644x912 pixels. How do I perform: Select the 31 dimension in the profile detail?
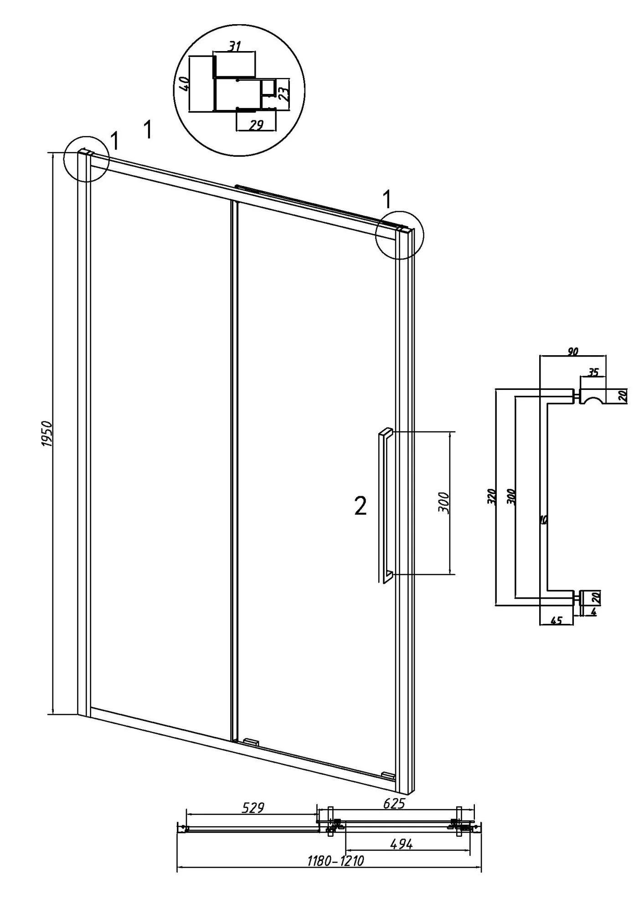point(234,46)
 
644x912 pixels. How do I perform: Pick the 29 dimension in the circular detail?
point(257,125)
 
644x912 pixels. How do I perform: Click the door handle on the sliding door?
point(384,506)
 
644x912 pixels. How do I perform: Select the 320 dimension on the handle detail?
point(491,497)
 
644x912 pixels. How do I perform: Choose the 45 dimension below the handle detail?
point(556,620)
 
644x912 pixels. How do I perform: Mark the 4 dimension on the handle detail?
point(594,612)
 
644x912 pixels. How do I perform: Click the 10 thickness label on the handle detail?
point(543,519)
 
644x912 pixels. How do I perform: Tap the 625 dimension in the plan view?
point(393,803)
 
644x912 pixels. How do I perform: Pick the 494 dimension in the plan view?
point(401,844)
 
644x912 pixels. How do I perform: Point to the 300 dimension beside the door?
point(444,503)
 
